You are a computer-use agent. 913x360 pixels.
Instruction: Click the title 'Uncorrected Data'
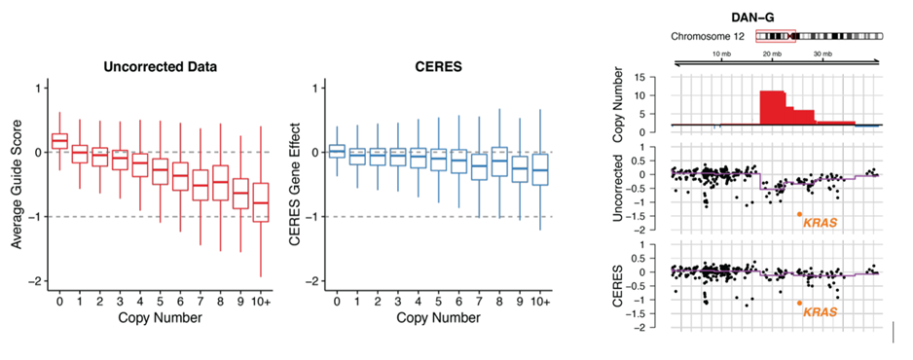click(161, 67)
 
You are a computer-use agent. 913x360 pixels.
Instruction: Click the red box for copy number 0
click(59, 141)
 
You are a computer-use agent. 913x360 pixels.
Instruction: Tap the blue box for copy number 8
click(499, 162)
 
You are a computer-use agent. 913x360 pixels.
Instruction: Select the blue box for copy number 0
click(337, 151)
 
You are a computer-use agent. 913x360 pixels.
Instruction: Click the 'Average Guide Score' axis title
click(17, 184)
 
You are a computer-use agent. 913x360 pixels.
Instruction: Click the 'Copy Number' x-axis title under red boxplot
click(161, 317)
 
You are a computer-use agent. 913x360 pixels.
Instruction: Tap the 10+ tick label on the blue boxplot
click(541, 301)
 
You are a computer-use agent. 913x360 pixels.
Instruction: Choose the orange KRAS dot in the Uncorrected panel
click(799, 214)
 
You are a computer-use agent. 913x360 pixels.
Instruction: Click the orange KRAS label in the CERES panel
click(821, 311)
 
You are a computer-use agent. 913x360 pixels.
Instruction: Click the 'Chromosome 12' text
click(708, 37)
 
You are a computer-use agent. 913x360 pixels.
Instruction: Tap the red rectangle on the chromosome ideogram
click(776, 36)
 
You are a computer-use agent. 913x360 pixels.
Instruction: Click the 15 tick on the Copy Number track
click(659, 77)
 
